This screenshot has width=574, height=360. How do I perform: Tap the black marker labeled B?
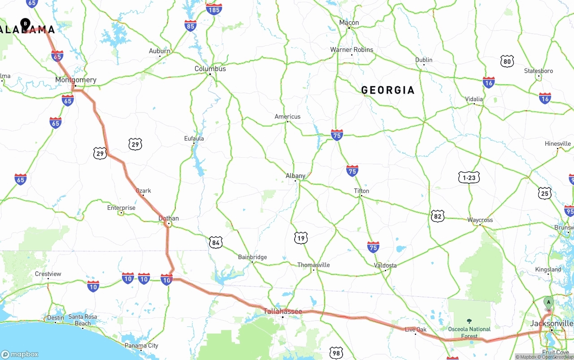(x=26, y=23)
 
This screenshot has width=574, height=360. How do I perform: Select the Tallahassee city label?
(x=283, y=311)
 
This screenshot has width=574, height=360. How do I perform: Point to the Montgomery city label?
(x=76, y=80)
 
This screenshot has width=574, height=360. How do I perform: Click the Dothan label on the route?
(x=169, y=219)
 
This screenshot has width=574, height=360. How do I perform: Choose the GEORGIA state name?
(x=388, y=90)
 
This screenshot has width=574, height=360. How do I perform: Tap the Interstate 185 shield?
(x=214, y=9)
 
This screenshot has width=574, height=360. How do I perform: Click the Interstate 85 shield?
(x=190, y=26)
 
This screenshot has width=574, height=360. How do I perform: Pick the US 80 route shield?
(x=507, y=61)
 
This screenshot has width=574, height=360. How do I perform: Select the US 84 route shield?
(x=216, y=243)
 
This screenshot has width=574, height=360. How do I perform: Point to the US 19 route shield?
(x=300, y=238)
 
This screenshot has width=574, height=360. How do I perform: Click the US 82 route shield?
(x=438, y=216)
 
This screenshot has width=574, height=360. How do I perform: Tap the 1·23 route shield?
(x=469, y=178)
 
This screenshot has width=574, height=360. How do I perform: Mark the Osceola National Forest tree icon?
(x=469, y=321)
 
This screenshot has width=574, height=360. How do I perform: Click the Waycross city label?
(x=480, y=220)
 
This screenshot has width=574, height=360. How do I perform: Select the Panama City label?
(x=141, y=346)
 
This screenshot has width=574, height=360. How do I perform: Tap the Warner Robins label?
(x=352, y=50)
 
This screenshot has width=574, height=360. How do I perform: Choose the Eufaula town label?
(x=194, y=139)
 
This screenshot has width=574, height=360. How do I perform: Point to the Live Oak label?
(x=416, y=330)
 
